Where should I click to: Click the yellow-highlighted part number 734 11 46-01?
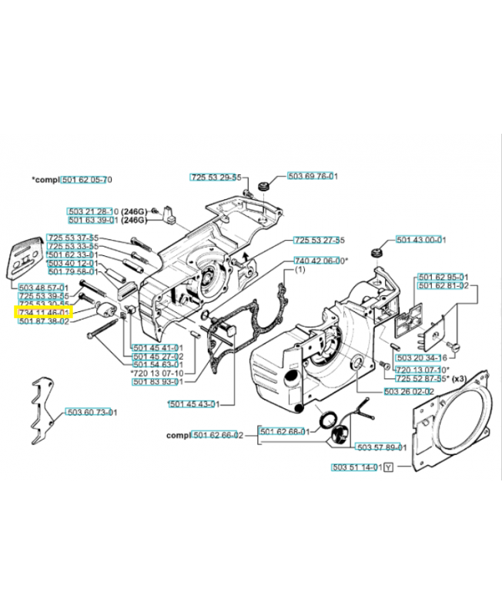[44, 313]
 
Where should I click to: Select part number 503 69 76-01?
[313, 176]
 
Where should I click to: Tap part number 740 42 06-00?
[320, 261]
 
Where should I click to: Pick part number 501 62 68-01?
[284, 431]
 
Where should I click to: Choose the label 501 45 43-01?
[194, 404]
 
